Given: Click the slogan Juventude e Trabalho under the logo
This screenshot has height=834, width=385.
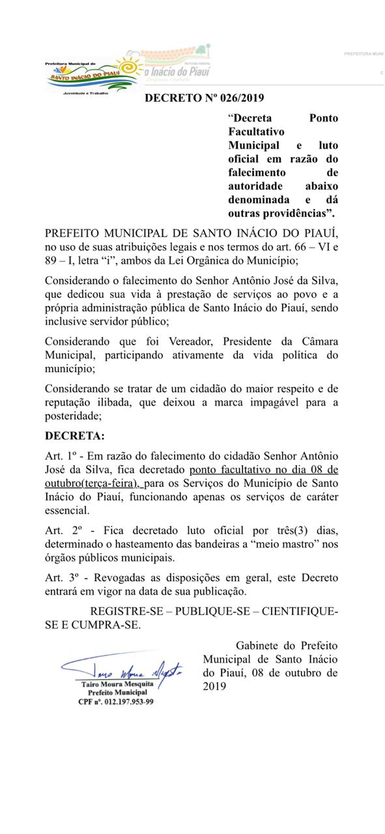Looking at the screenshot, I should click(x=85, y=93).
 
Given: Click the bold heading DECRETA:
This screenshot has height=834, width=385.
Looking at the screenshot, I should click(x=74, y=435).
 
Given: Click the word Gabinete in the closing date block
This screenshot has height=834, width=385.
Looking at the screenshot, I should click(x=261, y=645).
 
